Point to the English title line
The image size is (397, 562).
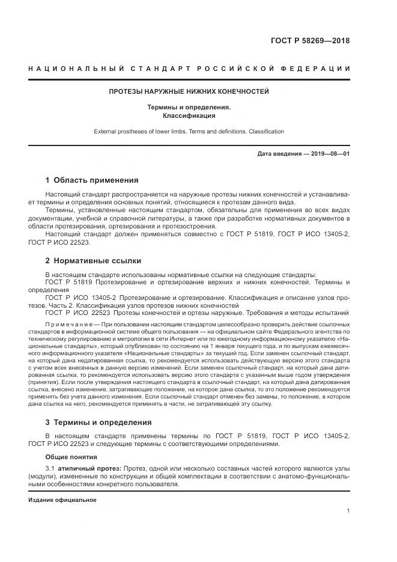point(189,131)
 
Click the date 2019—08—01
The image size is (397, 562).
point(330,154)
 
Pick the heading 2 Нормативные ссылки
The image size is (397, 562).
point(93,261)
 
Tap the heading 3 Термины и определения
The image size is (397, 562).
point(98,423)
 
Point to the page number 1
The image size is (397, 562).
point(348,511)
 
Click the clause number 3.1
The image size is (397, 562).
point(50,468)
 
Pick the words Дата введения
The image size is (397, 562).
point(279,154)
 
